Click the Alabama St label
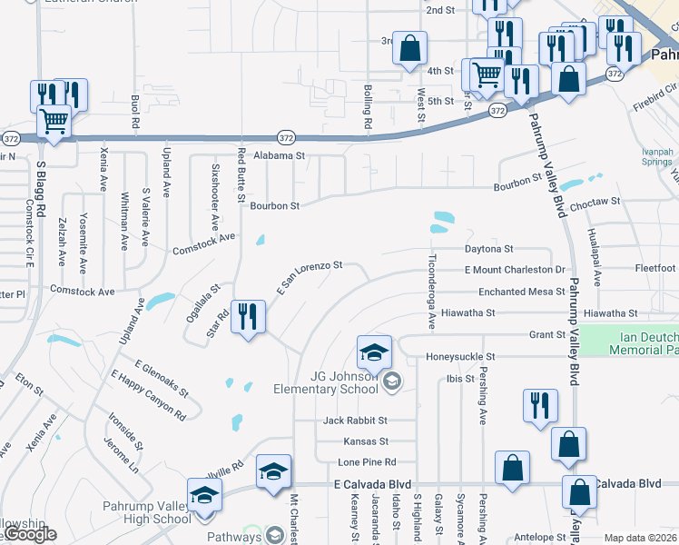tap(280, 156)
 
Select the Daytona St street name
tap(488, 248)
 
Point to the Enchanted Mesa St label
tap(514, 292)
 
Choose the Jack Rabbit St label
tap(356, 421)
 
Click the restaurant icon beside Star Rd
tap(247, 317)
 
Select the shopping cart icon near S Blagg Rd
tap(54, 121)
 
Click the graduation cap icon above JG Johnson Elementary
tap(373, 351)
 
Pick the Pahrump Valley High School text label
tap(148, 512)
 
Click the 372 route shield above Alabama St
tap(286, 138)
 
